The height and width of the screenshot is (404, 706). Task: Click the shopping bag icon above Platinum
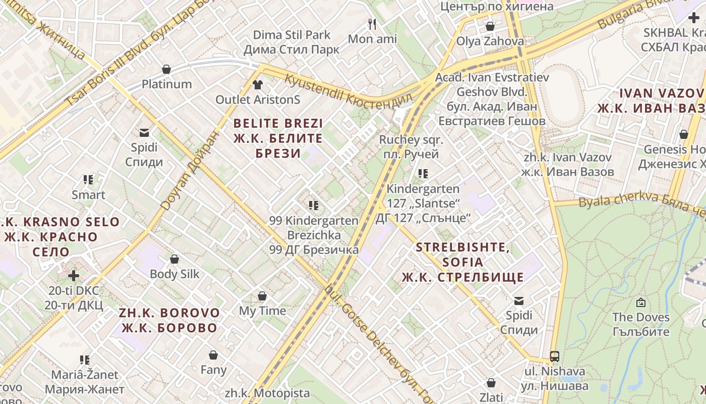(166, 69)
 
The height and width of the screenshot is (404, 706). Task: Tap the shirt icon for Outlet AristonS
(258, 84)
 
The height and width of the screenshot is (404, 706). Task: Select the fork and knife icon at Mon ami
(372, 24)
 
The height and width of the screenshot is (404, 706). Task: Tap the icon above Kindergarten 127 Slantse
(423, 174)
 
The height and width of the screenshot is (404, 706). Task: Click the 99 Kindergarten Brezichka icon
(314, 206)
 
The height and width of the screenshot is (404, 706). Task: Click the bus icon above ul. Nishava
(555, 357)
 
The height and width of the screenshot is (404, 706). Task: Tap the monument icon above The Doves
(640, 302)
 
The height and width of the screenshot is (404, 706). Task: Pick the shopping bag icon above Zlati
(491, 383)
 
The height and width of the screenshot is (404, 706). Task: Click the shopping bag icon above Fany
(213, 355)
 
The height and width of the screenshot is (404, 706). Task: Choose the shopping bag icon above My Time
(262, 296)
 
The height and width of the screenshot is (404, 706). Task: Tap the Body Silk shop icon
(174, 259)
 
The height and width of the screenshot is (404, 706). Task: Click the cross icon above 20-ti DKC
(74, 276)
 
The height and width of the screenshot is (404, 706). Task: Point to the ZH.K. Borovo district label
(169, 320)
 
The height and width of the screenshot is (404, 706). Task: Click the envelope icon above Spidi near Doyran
(144, 133)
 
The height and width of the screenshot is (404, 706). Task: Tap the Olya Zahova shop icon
(490, 26)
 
